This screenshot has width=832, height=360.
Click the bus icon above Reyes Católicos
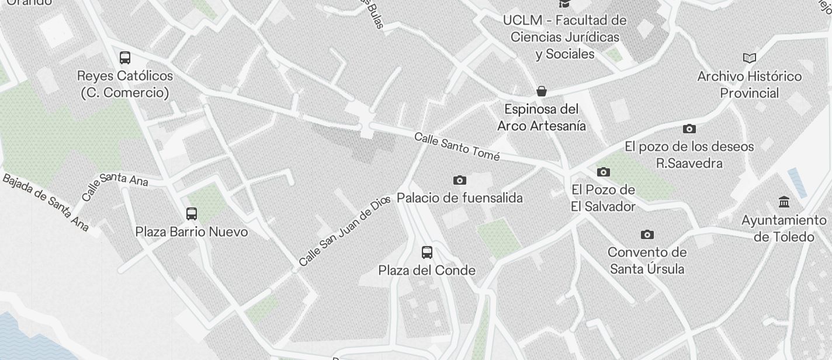124,58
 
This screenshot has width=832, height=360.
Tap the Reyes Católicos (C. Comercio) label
125,84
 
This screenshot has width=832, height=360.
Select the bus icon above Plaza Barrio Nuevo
192,214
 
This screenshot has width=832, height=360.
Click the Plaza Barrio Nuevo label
192,232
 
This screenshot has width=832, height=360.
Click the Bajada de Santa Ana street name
46,202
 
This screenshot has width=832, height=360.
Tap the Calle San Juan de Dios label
344,231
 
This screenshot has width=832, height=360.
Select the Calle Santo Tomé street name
457,146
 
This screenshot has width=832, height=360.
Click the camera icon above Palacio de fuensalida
460,180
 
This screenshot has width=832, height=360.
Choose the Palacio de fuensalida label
460,198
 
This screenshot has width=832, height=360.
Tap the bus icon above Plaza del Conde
427,252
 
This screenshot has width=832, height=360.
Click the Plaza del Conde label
427,271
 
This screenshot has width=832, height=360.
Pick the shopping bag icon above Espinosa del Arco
542,91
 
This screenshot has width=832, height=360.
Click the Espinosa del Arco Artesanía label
542,117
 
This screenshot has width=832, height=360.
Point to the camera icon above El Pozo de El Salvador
604,172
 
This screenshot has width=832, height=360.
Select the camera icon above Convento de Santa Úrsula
647,234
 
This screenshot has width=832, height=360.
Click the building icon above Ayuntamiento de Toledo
784,202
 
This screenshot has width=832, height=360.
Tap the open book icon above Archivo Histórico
750,58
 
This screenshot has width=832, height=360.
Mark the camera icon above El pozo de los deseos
689,129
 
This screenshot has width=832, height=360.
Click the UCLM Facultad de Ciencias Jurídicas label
564,37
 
